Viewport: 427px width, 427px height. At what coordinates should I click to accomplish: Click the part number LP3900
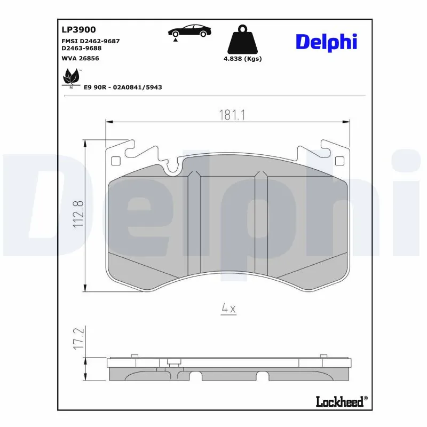(x=79, y=30)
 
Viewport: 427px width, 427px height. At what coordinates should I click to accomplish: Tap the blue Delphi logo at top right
(x=326, y=42)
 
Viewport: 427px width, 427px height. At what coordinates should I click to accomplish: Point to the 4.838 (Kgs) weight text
(x=242, y=59)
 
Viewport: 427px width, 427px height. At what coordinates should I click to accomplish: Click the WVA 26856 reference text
(x=81, y=58)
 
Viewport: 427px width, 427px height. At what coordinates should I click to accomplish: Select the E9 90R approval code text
(x=123, y=86)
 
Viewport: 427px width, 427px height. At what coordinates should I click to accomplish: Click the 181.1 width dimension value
(x=227, y=115)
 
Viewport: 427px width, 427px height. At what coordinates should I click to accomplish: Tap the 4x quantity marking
(x=228, y=309)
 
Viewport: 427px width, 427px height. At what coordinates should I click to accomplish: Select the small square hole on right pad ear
(x=338, y=161)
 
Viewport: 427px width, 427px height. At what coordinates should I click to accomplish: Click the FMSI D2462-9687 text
(x=90, y=41)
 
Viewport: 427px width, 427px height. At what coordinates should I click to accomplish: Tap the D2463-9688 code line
(x=82, y=48)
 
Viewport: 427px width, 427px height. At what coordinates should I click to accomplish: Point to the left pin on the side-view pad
(x=135, y=356)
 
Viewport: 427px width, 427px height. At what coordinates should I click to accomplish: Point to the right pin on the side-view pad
(x=323, y=356)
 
